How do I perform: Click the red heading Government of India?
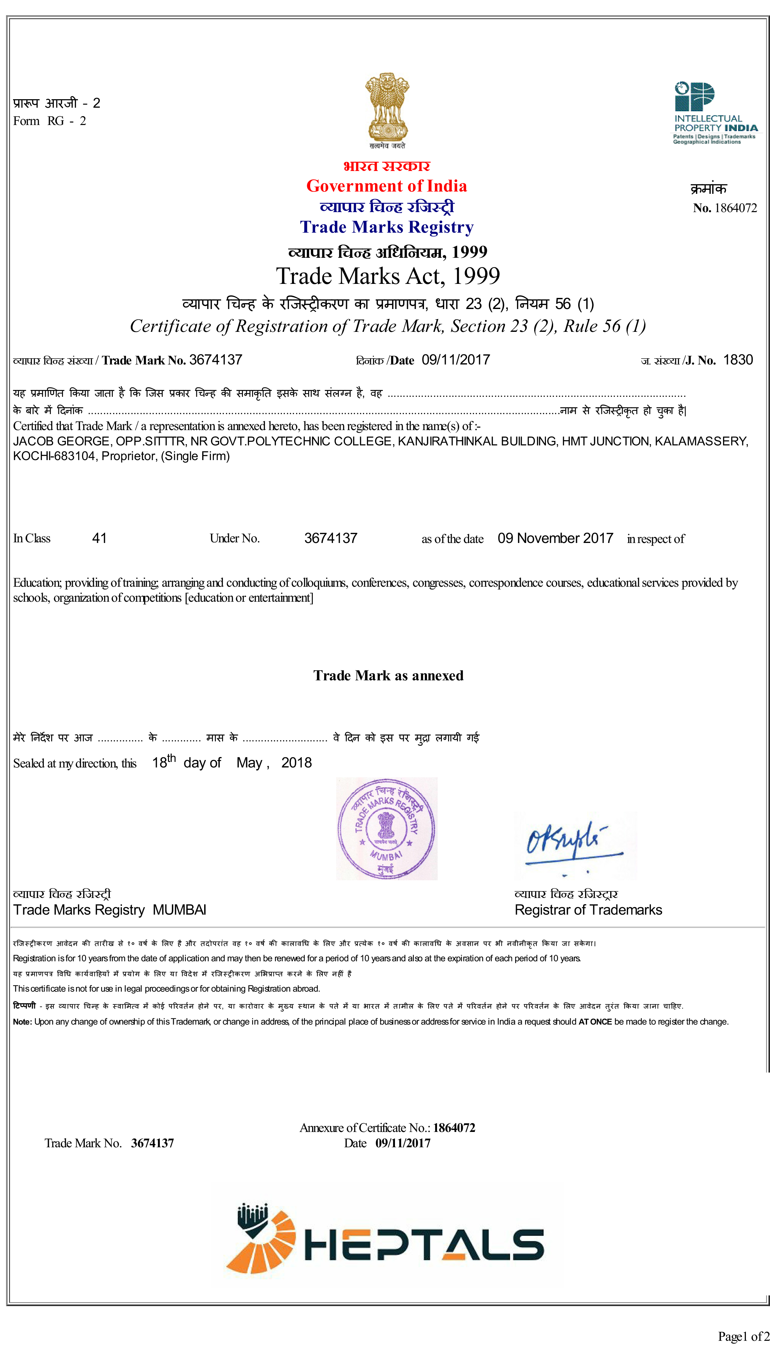[386, 186]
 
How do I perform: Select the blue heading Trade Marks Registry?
[386, 227]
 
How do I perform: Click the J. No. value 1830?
[738, 360]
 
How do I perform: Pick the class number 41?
[99, 538]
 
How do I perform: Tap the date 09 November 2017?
[555, 538]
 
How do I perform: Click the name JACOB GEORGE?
[61, 441]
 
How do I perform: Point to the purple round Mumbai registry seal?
[386, 828]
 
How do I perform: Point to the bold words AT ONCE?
[595, 1022]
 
